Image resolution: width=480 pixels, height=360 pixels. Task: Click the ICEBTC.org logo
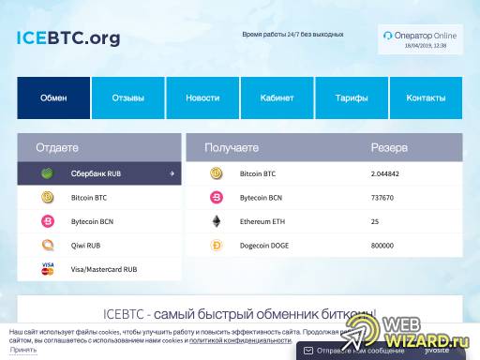click(x=68, y=38)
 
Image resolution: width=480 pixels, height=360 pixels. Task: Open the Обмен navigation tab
click(x=53, y=97)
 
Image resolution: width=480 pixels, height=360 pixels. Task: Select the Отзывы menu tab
click(x=128, y=97)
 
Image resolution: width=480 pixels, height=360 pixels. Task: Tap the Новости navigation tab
click(x=202, y=97)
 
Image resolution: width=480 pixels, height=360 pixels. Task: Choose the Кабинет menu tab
click(x=277, y=97)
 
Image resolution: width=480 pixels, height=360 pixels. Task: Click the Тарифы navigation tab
click(x=352, y=97)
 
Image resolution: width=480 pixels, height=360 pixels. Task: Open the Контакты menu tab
click(x=426, y=97)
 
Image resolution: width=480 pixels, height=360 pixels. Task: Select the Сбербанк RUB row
click(x=99, y=173)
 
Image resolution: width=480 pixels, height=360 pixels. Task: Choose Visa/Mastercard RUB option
click(x=103, y=269)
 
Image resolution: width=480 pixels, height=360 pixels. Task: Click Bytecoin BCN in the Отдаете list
click(x=91, y=221)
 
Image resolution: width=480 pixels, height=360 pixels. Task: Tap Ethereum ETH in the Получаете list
click(x=262, y=221)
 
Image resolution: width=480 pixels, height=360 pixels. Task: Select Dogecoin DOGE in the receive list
click(x=263, y=246)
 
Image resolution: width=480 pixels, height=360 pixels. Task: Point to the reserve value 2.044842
click(x=385, y=173)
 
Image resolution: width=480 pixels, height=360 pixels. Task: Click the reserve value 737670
click(x=382, y=198)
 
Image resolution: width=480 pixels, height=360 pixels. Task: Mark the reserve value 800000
click(x=382, y=246)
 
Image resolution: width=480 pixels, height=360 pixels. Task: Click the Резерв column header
click(x=389, y=148)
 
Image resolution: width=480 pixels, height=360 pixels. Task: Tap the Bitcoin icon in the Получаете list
click(x=217, y=173)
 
